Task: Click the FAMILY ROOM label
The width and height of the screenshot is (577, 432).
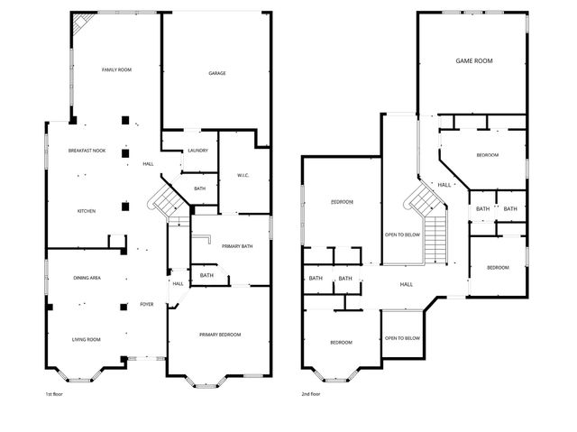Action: tap(117, 69)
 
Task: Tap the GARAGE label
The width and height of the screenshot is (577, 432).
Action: tap(216, 73)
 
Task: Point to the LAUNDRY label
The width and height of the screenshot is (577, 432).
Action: tap(197, 151)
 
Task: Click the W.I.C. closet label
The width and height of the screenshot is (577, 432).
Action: tap(243, 175)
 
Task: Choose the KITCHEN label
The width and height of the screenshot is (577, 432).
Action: tap(87, 211)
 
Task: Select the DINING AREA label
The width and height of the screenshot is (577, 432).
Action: tap(87, 279)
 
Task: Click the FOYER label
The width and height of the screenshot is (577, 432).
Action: tap(146, 304)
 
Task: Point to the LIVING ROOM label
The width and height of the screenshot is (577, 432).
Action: tap(87, 339)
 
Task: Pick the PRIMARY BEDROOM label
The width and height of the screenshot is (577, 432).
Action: tap(220, 335)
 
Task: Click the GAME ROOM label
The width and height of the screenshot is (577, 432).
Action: tap(472, 61)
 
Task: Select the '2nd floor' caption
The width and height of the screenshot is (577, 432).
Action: tap(312, 394)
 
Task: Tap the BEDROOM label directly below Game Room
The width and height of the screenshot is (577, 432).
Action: tap(487, 155)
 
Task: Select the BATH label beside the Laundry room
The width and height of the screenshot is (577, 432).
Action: tap(199, 188)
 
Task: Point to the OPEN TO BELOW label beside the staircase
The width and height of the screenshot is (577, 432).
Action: tap(402, 234)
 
